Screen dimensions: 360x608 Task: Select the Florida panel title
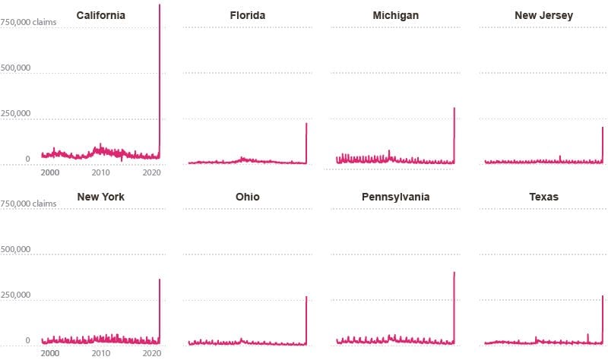248,15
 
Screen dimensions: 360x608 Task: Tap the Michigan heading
395,15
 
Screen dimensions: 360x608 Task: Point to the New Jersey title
543,15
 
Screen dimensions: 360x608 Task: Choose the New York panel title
101,197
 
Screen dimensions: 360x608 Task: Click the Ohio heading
248,197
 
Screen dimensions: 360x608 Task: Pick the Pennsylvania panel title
395,197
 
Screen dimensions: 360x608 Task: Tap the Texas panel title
543,197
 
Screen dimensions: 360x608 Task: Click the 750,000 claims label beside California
28,22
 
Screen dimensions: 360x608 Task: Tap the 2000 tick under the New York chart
50,353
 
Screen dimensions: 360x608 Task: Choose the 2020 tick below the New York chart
152,353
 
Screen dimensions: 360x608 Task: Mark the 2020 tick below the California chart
152,172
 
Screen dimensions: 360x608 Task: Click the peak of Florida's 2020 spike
306,124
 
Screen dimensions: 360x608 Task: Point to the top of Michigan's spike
454,108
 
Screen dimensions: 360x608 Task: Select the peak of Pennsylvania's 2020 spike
454,273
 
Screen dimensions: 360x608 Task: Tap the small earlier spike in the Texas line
587,334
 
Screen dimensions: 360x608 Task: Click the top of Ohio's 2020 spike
306,297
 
